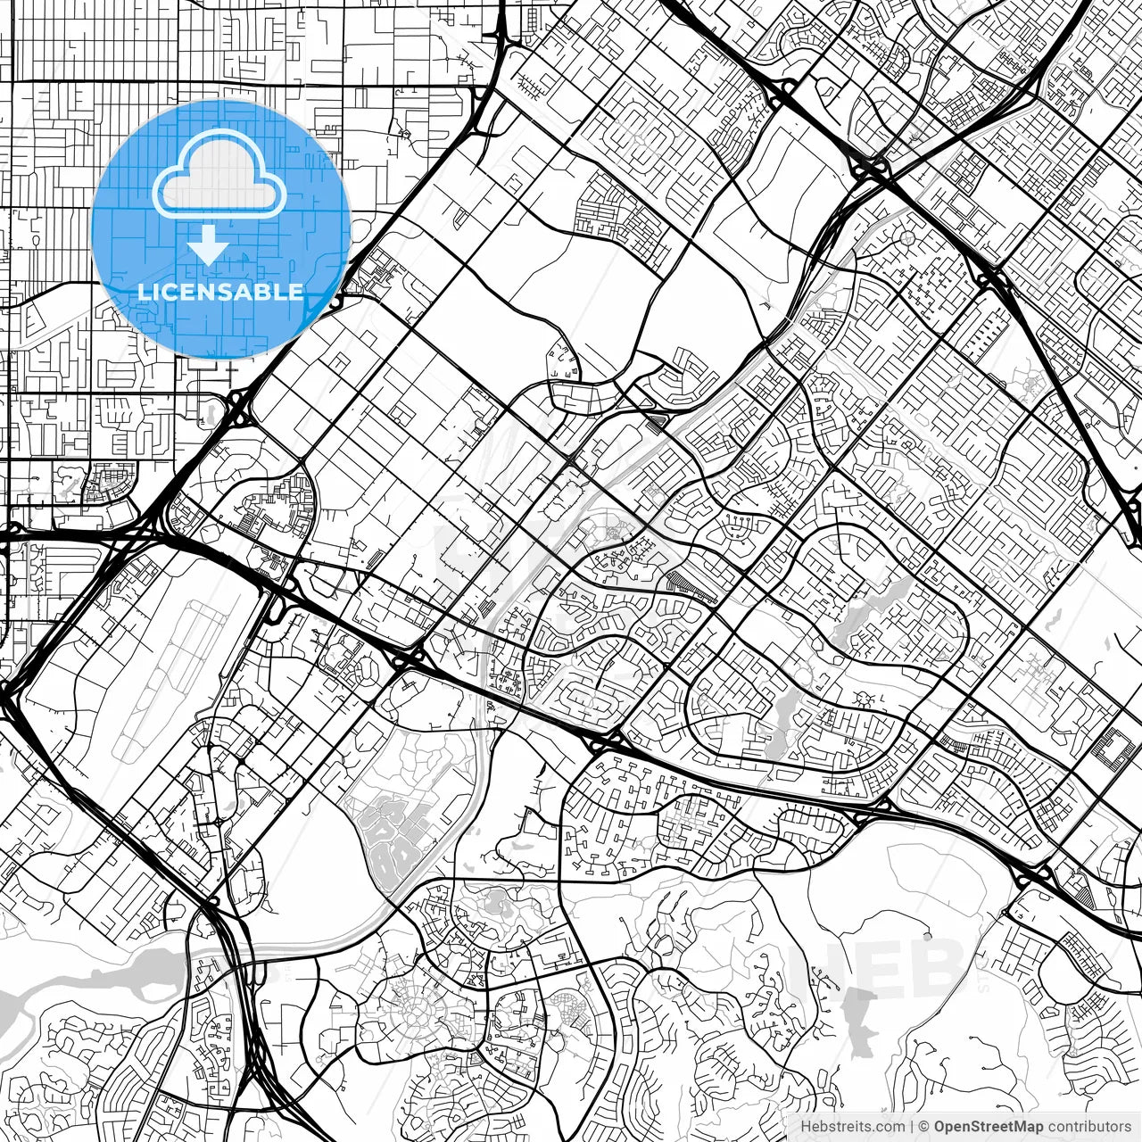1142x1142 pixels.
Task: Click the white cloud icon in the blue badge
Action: tap(219, 174)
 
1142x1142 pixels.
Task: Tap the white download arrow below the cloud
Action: tap(208, 244)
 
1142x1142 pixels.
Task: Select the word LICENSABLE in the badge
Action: tap(220, 292)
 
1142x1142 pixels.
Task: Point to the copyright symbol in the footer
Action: tap(924, 1127)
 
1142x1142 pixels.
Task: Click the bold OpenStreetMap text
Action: tap(989, 1127)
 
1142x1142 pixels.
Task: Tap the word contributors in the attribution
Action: tap(1089, 1127)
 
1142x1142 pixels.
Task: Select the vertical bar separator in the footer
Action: tap(913, 1127)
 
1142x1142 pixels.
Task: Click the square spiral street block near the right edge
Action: tap(1115, 747)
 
